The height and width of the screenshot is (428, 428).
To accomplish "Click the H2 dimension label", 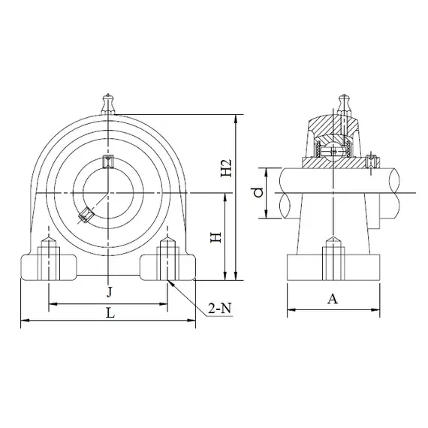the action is coord(226,167).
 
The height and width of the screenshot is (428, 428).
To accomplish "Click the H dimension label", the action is coord(216,237).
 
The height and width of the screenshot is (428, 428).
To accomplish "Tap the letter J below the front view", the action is coord(109,292).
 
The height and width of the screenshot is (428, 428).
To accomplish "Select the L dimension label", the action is coord(110,313).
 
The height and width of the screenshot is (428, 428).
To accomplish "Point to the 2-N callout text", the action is coord(220,309).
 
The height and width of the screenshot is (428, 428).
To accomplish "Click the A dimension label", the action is coord(333,299).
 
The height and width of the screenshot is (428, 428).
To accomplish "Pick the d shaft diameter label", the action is coord(258,192).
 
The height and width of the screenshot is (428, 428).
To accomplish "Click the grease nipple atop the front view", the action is coord(108,104).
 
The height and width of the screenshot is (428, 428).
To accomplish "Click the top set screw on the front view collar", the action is coord(108,161).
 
